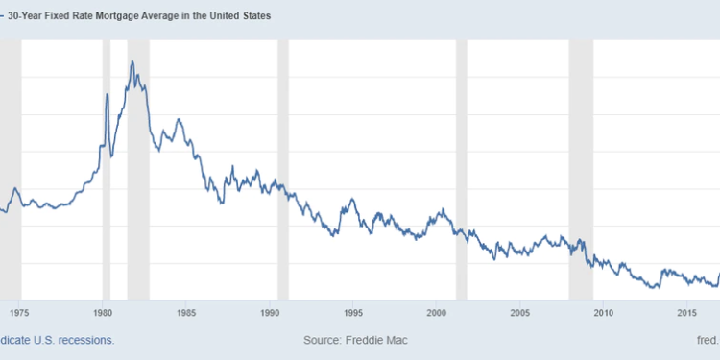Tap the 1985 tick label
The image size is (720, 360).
[187, 314]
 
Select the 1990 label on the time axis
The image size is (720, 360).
[270, 314]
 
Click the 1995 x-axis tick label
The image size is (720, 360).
[353, 314]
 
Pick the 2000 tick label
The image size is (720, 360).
[437, 314]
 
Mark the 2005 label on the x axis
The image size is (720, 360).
[520, 314]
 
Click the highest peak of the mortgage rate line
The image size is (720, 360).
[132, 61]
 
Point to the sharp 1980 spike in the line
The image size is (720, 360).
[108, 93]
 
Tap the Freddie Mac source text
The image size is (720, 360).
[369, 340]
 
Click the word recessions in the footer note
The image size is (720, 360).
[87, 340]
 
